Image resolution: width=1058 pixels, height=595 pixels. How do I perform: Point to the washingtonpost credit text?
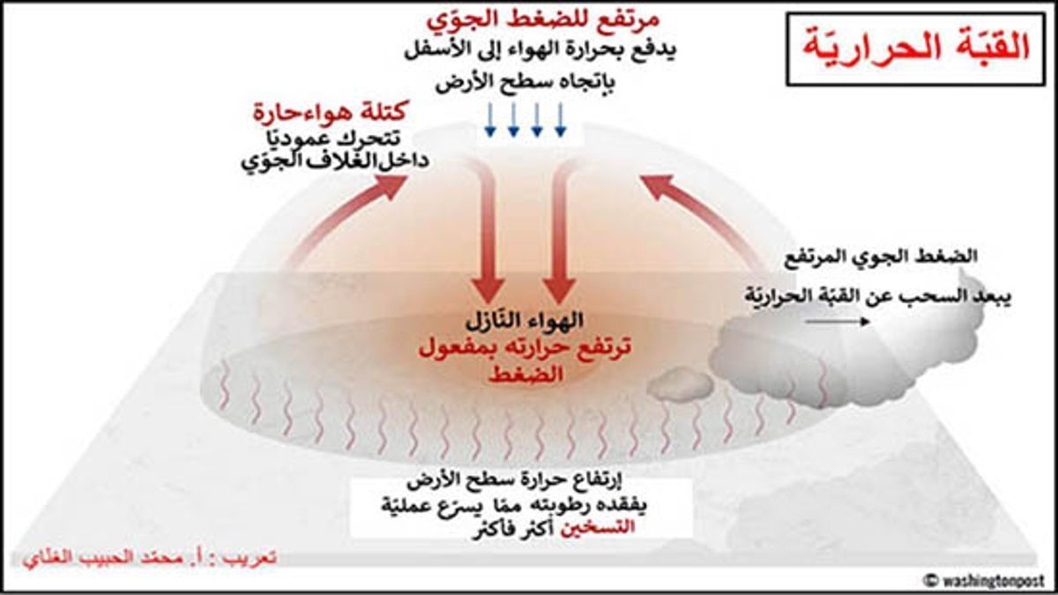(986, 579)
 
